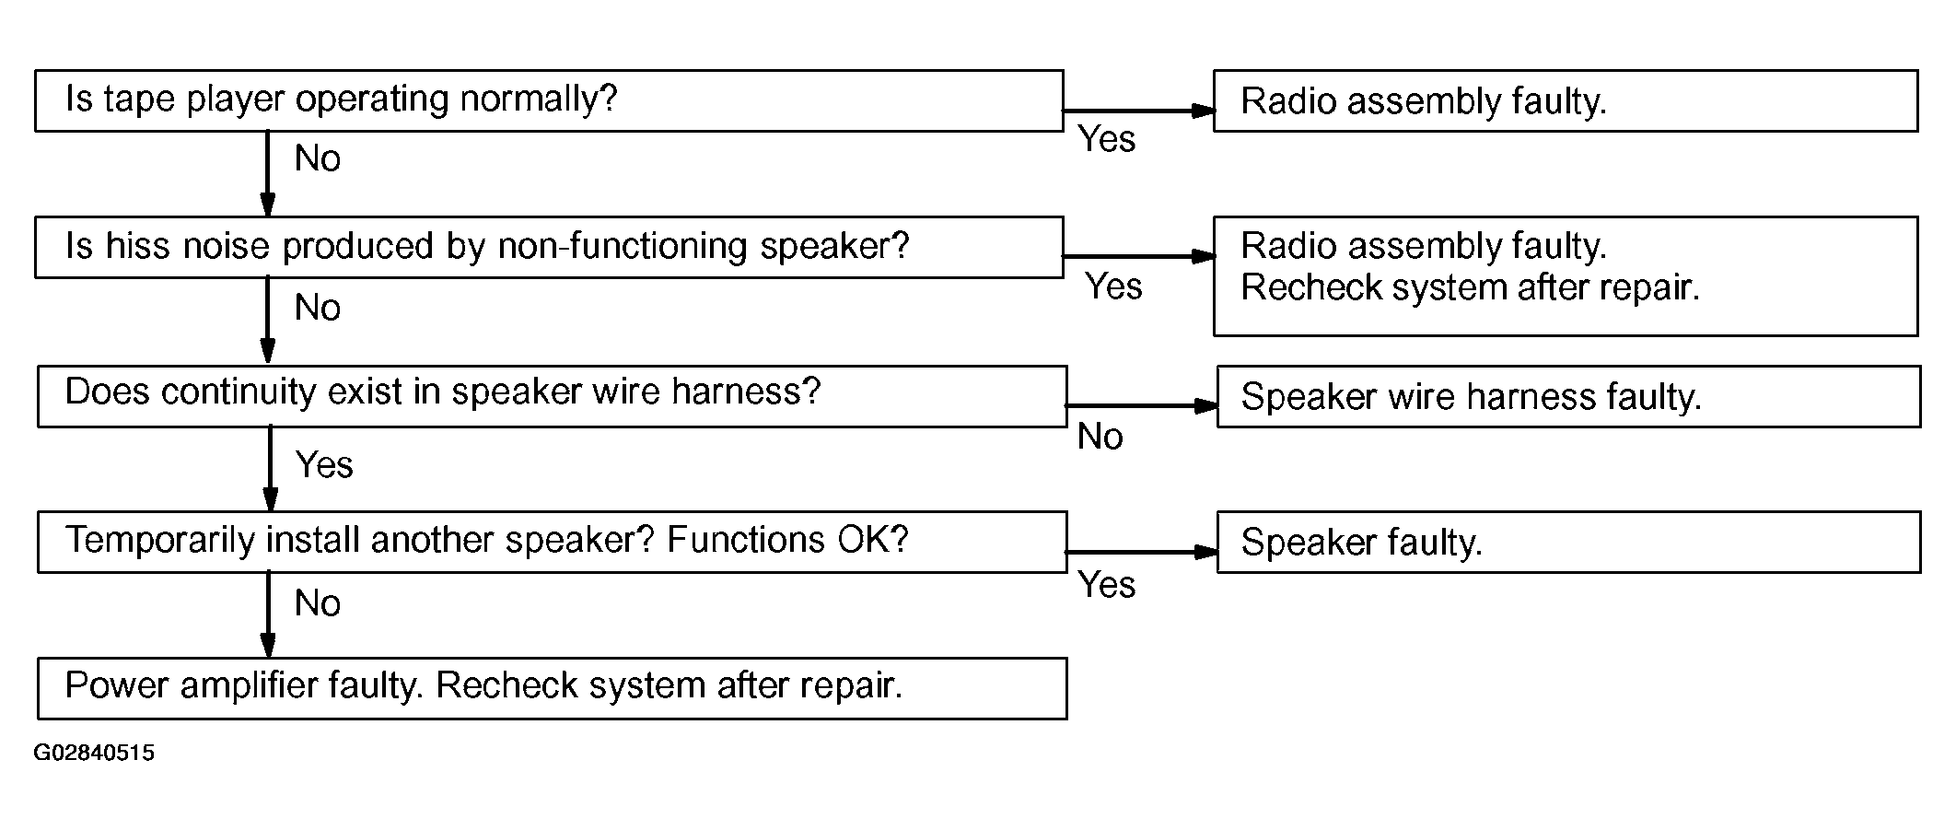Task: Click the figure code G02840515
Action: coord(94,754)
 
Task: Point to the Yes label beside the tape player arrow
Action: coord(1107,139)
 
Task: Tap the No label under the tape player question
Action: coord(318,159)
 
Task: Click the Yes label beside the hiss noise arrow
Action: coord(1113,286)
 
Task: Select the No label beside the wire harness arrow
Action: coord(1100,437)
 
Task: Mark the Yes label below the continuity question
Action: coord(324,465)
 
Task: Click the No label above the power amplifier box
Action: coord(318,604)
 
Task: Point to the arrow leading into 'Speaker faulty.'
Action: coord(1142,552)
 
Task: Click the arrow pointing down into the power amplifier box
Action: coord(268,615)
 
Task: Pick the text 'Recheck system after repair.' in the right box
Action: coord(1470,288)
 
